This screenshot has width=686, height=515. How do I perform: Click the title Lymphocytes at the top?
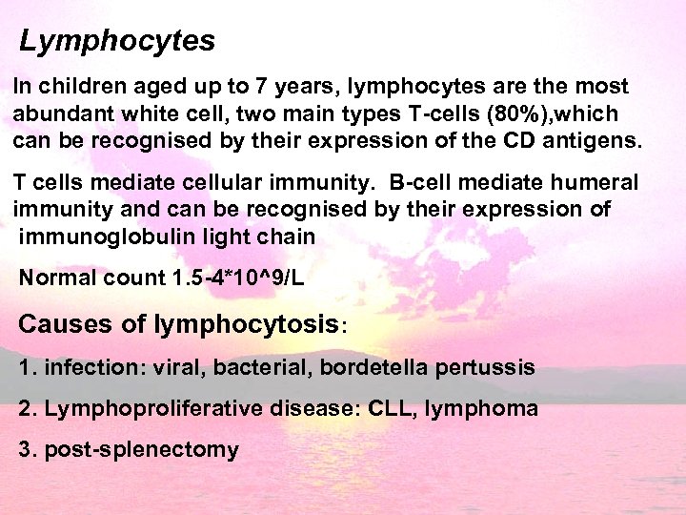(117, 42)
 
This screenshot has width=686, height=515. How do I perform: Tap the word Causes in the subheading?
(65, 324)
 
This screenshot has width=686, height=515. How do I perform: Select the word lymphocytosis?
(245, 324)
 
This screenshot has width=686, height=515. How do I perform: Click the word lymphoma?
(481, 409)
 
